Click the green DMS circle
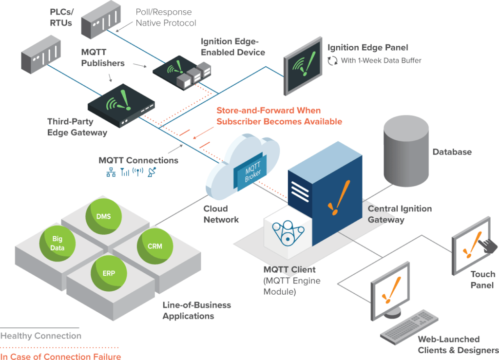click(x=103, y=216)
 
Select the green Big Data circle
click(x=58, y=243)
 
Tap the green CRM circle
click(x=155, y=246)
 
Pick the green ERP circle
click(x=109, y=273)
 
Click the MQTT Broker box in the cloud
click(x=250, y=172)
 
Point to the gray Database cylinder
click(x=406, y=151)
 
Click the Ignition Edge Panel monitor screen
click(x=303, y=66)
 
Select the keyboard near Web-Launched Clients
click(x=409, y=327)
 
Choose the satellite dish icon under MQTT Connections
click(x=152, y=172)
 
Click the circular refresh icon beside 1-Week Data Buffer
click(x=332, y=60)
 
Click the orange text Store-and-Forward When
click(x=269, y=111)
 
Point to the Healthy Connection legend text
click(x=41, y=336)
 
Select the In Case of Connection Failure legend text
click(x=60, y=357)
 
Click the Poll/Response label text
click(x=164, y=12)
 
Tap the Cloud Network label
click(x=221, y=214)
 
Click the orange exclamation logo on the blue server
click(x=339, y=198)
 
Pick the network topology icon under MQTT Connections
click(x=111, y=172)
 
